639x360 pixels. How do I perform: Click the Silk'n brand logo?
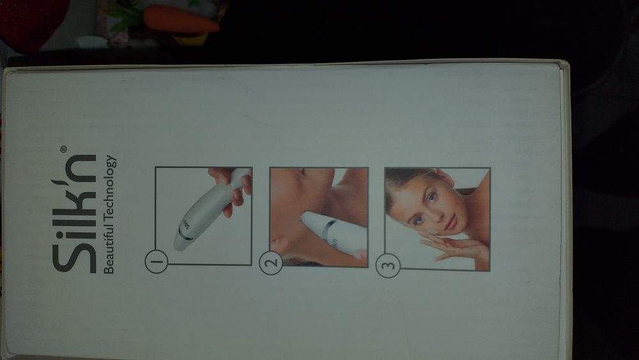74,213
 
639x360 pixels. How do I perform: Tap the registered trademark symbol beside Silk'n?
63,149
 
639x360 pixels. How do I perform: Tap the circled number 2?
272,263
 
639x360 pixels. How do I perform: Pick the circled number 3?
388,265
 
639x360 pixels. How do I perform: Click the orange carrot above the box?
181,20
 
